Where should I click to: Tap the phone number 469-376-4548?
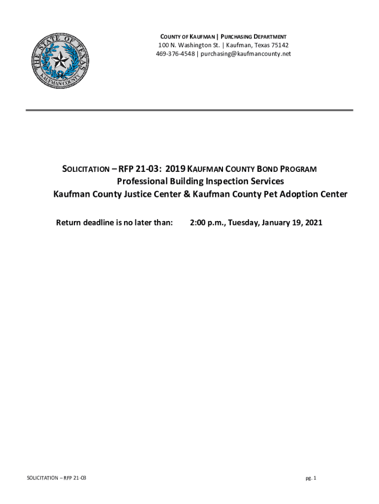[x=175, y=54]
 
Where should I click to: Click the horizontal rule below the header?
[x=189, y=110]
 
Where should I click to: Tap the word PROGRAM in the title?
[x=296, y=169]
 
